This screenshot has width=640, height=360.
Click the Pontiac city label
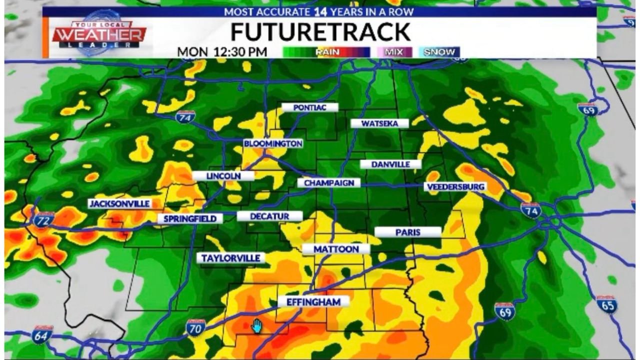pyautogui.click(x=309, y=107)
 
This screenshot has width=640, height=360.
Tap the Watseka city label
pyautogui.click(x=379, y=123)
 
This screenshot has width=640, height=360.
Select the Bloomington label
pyautogui.click(x=273, y=143)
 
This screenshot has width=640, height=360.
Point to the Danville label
pyautogui.click(x=391, y=164)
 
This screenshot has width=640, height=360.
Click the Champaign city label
pyautogui.click(x=329, y=183)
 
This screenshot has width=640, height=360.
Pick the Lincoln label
pyautogui.click(x=223, y=176)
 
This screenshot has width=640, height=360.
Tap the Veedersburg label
pyautogui.click(x=455, y=187)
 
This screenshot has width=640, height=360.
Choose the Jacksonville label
pyautogui.click(x=119, y=203)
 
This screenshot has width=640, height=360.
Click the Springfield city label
pyautogui.click(x=190, y=218)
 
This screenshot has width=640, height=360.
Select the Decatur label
pyautogui.click(x=269, y=216)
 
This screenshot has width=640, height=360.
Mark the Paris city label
pyautogui.click(x=407, y=232)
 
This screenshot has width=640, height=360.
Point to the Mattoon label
pyautogui.click(x=336, y=249)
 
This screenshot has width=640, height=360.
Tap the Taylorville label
pyautogui.click(x=231, y=258)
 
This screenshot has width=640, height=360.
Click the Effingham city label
pyautogui.click(x=313, y=302)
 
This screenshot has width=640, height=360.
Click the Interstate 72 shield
pyautogui.click(x=44, y=219)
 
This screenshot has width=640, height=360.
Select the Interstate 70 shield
pyautogui.click(x=195, y=327)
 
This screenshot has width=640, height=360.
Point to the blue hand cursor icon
pyautogui.click(x=256, y=326)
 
